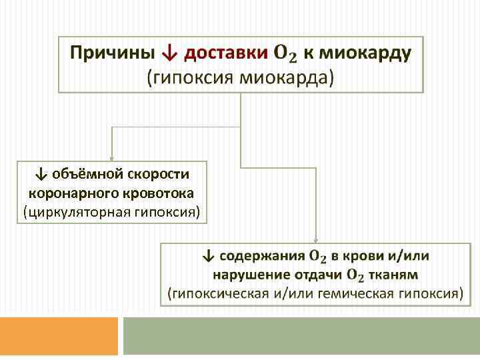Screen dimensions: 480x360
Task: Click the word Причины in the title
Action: pos(112,52)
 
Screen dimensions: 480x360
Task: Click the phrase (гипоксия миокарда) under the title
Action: pos(241,77)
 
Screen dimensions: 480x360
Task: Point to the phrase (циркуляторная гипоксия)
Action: pos(111,213)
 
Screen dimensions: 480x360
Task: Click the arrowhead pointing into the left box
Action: pos(112,157)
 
